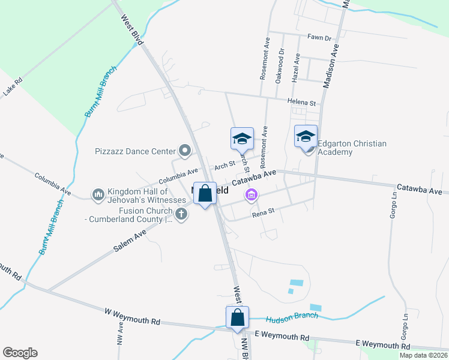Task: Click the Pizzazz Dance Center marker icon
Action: (x=185, y=151)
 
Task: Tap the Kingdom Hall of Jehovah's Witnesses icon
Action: (x=98, y=195)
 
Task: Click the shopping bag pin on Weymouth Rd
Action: (x=237, y=318)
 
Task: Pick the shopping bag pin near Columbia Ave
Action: (x=205, y=194)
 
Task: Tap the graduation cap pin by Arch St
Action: (x=242, y=139)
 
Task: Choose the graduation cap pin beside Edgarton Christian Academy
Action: (x=306, y=136)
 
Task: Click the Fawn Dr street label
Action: (x=319, y=38)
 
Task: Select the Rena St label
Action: (x=263, y=211)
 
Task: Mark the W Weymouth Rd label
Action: (x=132, y=317)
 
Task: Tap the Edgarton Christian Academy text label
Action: (x=352, y=148)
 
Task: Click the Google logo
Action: (x=20, y=353)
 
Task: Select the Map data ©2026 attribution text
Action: (x=423, y=355)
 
